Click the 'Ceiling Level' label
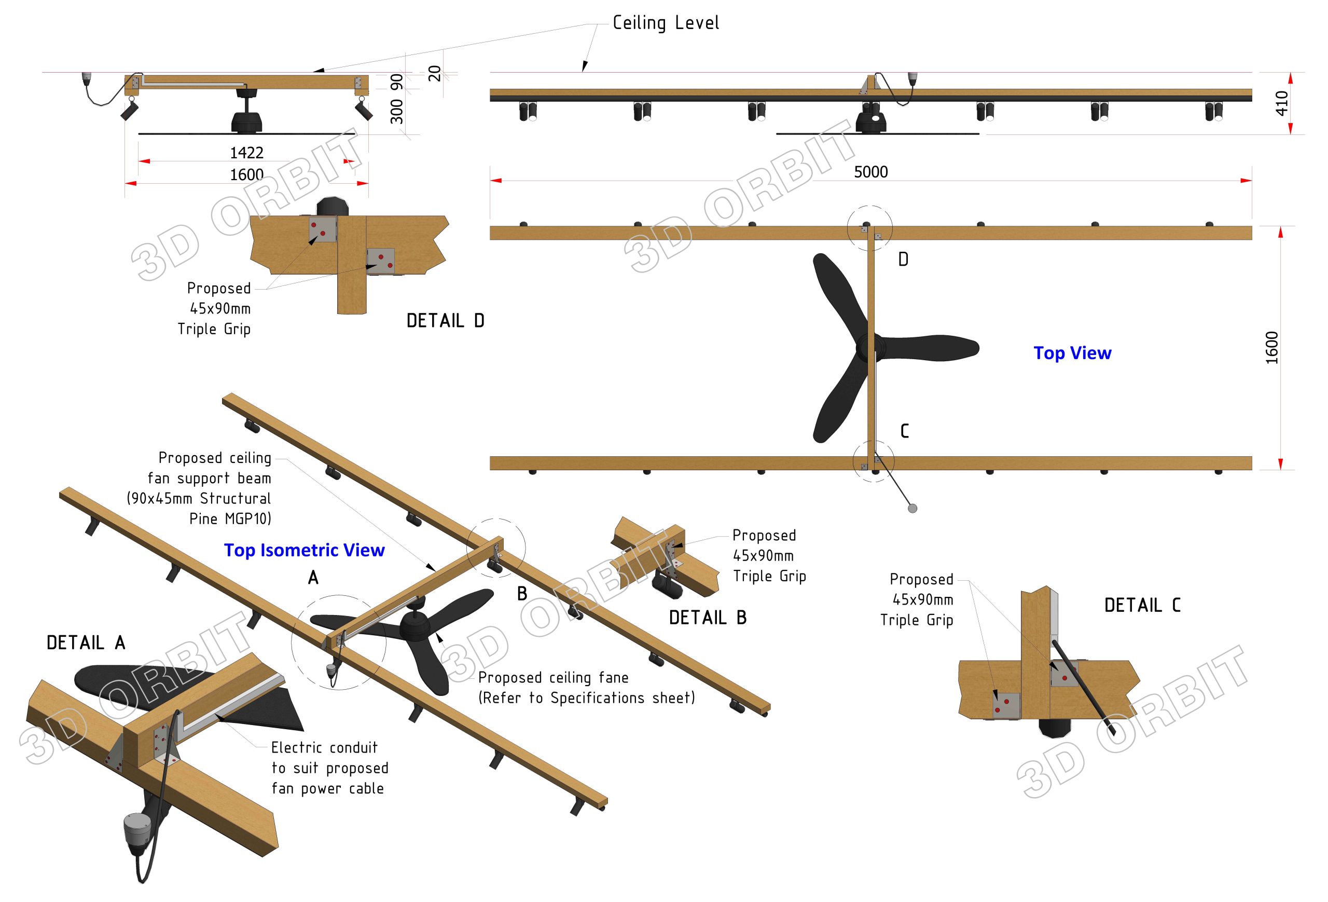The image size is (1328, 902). click(665, 23)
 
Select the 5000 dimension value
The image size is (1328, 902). click(870, 172)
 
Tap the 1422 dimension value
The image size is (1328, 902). click(246, 153)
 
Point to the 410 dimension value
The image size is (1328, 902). click(1281, 103)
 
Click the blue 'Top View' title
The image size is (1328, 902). click(1072, 353)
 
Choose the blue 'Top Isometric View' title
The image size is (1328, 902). click(304, 550)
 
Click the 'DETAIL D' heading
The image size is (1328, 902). click(445, 321)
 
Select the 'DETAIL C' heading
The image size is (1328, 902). click(1142, 605)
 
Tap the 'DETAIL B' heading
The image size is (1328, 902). click(708, 618)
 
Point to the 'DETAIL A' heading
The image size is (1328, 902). click(86, 643)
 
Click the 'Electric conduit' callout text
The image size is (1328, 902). click(324, 748)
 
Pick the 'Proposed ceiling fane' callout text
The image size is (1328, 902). click(553, 677)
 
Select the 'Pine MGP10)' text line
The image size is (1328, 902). click(230, 519)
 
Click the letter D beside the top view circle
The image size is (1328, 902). click(903, 259)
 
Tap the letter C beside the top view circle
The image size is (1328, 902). click(904, 431)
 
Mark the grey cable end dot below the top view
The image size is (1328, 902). click(912, 508)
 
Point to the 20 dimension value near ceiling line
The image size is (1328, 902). click(435, 73)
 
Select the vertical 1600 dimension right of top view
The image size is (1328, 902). click(1271, 348)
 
